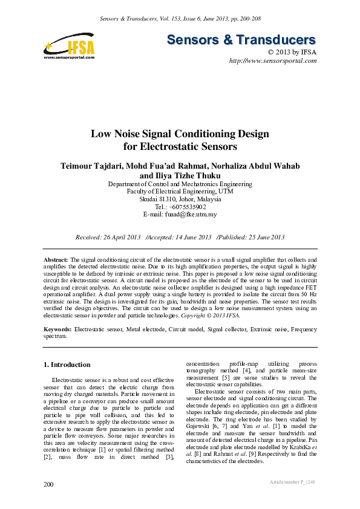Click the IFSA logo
pyautogui.click(x=69, y=46)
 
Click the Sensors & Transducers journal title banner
pyautogui.click(x=241, y=40)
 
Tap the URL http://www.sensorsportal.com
pyautogui.click(x=273, y=61)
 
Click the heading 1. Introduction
pyautogui.click(x=68, y=365)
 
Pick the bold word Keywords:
pyautogui.click(x=58, y=331)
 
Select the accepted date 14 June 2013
pyautogui.click(x=190, y=237)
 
